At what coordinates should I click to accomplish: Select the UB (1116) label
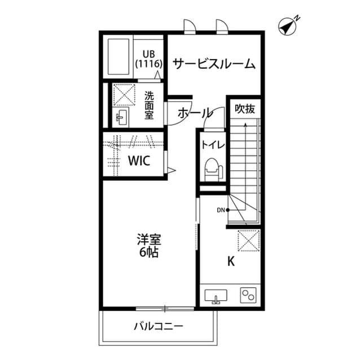click(149, 59)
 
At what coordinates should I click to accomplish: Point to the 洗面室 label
click(149, 105)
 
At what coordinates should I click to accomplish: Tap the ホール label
click(195, 113)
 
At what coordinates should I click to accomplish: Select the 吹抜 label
click(245, 108)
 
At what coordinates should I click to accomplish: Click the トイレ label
click(213, 145)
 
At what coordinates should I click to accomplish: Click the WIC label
click(138, 161)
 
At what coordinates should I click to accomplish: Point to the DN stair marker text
click(221, 211)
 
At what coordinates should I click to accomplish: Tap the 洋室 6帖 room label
click(148, 245)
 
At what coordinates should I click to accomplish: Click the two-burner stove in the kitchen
click(248, 295)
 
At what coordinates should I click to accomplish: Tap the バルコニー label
click(158, 326)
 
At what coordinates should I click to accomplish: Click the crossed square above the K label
click(249, 241)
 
